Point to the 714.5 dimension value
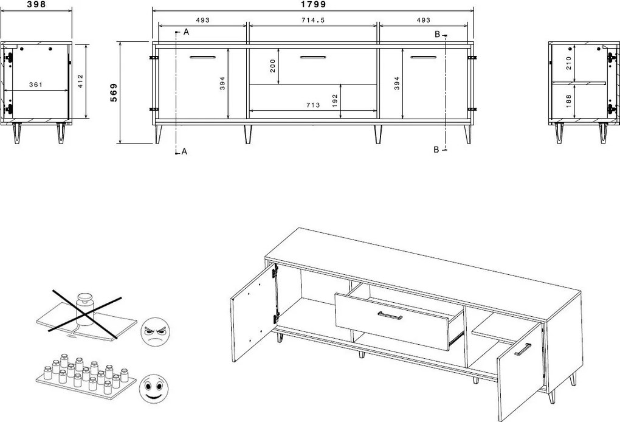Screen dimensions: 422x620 (313, 20)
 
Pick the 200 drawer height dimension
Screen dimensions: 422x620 (273, 66)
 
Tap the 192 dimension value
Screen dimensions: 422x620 (334, 100)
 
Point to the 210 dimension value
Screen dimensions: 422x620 (568, 63)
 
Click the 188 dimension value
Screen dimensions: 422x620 (568, 100)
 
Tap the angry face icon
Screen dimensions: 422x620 (156, 333)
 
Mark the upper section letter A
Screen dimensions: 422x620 (186, 32)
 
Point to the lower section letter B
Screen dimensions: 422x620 (436, 150)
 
